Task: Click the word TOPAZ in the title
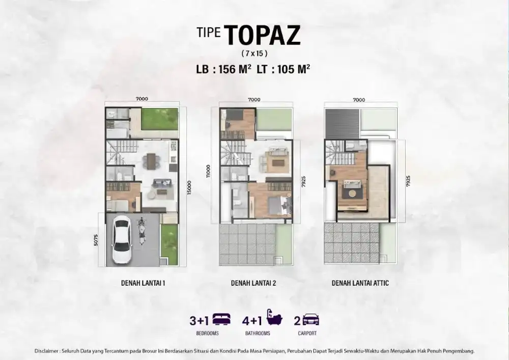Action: pos(262,35)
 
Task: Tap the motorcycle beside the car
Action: pos(142,231)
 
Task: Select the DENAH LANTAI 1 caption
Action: pos(143,283)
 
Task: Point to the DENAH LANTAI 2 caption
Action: pos(253,283)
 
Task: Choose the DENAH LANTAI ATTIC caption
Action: pos(360,283)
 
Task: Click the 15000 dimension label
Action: pos(189,187)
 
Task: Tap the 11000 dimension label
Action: pos(208,171)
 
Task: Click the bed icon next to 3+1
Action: pos(222,319)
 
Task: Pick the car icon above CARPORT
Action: pos(310,320)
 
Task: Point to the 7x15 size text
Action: pos(254,53)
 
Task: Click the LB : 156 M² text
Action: pos(223,69)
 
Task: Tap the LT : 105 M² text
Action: pos(284,69)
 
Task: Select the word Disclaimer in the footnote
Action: pos(47,351)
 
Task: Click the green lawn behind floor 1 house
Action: pos(159,119)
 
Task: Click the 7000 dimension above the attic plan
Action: pos(359,100)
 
